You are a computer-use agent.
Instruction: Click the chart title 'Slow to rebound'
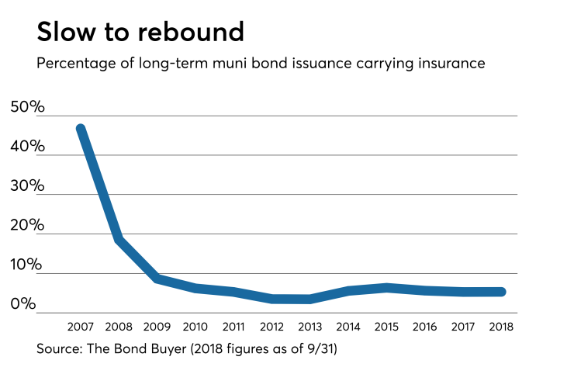pyautogui.click(x=140, y=32)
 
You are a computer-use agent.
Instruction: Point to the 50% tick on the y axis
pyautogui.click(x=28, y=107)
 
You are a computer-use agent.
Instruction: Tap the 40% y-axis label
pyautogui.click(x=28, y=147)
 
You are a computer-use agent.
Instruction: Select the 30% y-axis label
pyautogui.click(x=28, y=186)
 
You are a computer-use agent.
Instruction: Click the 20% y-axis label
pyautogui.click(x=28, y=226)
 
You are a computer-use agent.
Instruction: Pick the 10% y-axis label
pyautogui.click(x=28, y=265)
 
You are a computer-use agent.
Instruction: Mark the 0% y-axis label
pyautogui.click(x=24, y=304)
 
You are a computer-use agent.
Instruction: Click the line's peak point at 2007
pyautogui.click(x=80, y=129)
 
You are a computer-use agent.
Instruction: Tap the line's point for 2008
pyautogui.click(x=119, y=240)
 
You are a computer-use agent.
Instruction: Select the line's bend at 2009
pyautogui.click(x=157, y=279)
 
